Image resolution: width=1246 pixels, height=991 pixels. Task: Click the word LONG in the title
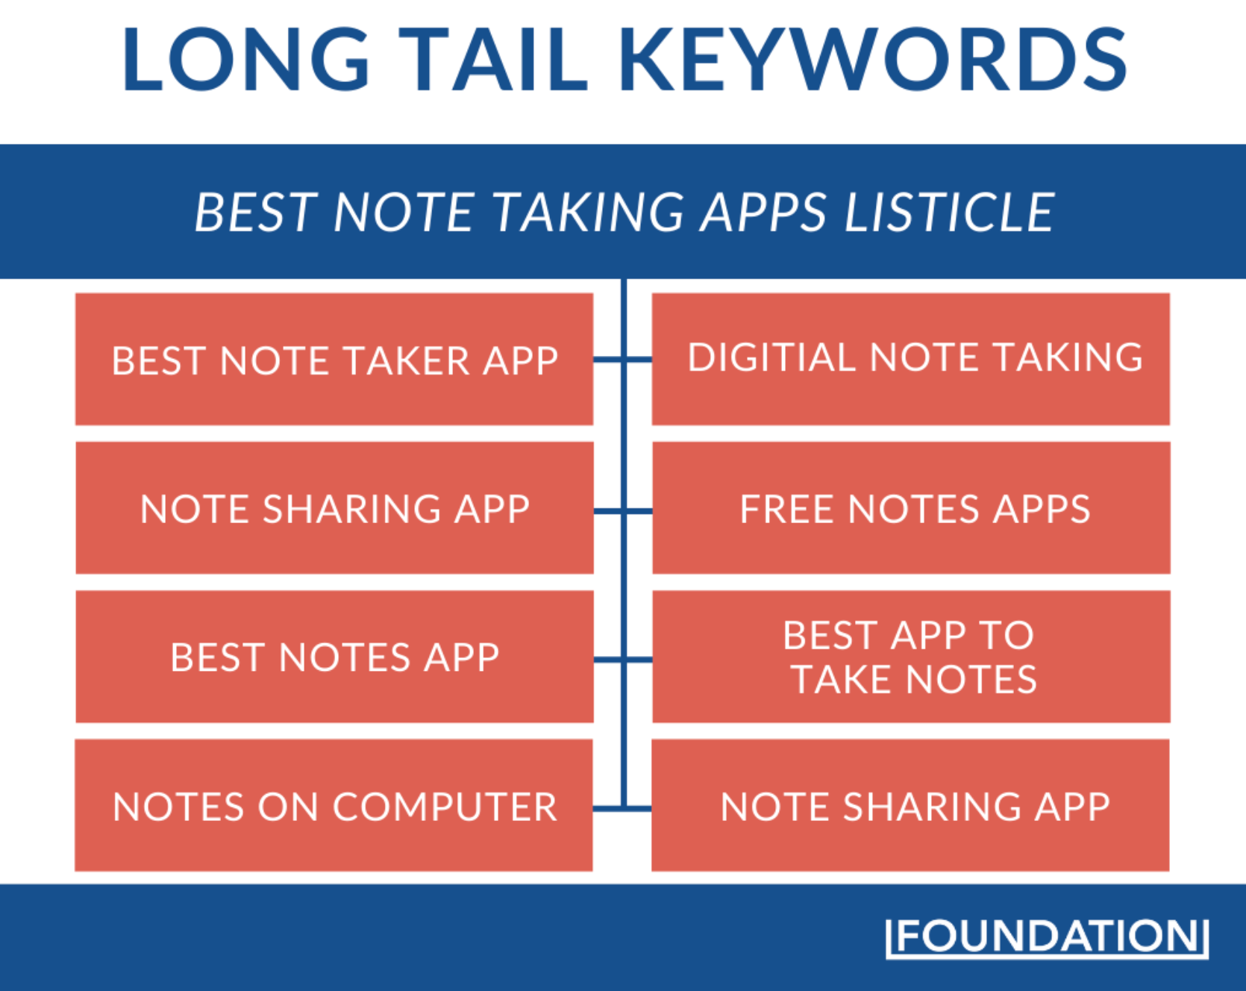pyautogui.click(x=246, y=60)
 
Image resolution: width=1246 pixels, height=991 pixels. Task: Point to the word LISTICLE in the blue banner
pyautogui.click(x=949, y=212)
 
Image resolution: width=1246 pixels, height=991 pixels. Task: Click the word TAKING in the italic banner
pyautogui.click(x=589, y=212)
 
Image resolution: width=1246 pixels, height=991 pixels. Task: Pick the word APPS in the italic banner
pyautogui.click(x=763, y=212)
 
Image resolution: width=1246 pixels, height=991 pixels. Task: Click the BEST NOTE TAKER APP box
pyautogui.click(x=334, y=359)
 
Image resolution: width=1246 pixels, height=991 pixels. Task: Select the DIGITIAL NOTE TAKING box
pyautogui.click(x=911, y=359)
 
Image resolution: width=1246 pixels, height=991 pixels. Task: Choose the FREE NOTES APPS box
pyautogui.click(x=911, y=507)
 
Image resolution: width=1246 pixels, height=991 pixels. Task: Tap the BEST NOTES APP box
pyautogui.click(x=334, y=657)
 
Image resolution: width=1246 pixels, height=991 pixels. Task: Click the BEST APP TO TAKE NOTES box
pyautogui.click(x=911, y=657)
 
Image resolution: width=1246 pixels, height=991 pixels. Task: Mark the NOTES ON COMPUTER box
pyautogui.click(x=334, y=805)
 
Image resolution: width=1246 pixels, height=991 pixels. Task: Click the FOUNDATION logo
pyautogui.click(x=1047, y=936)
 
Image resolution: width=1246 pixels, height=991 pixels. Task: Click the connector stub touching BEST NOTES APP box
pyautogui.click(x=609, y=660)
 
